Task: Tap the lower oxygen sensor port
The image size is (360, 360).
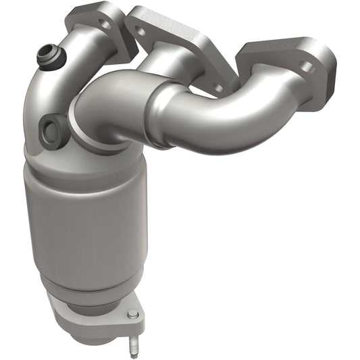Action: pos(52,130)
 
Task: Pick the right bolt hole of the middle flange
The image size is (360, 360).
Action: pos(217,87)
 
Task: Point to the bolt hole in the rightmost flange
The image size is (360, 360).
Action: pos(306,68)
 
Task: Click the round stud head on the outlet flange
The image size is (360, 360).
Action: pos(132,314)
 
